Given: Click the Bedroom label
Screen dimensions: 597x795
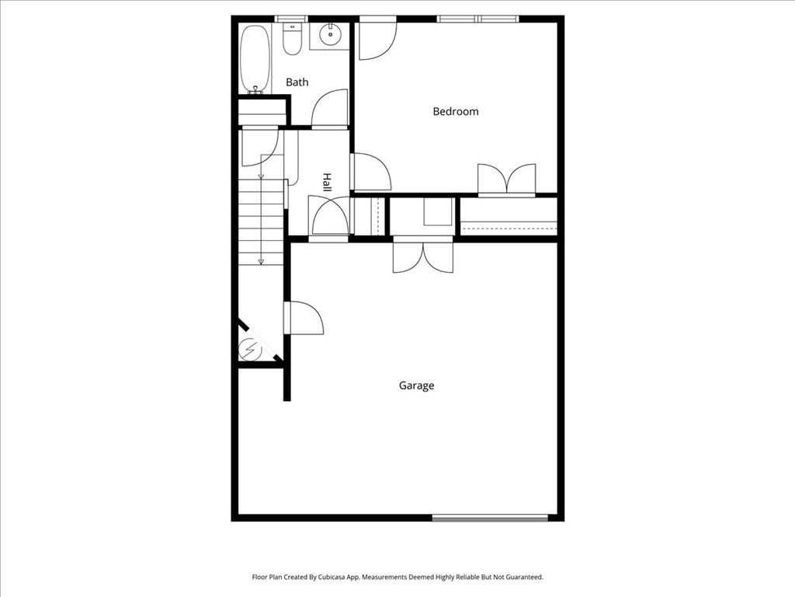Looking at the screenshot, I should tap(455, 111).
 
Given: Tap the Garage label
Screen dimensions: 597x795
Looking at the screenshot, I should tap(416, 386).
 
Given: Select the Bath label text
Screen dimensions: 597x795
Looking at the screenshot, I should tap(297, 82).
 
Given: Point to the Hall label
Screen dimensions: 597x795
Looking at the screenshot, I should tap(327, 183).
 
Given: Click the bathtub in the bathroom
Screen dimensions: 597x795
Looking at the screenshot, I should tap(255, 59).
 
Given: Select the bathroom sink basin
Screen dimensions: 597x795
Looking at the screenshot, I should tap(330, 33).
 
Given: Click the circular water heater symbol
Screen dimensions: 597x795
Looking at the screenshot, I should tap(250, 349).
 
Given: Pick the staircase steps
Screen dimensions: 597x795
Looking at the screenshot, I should tap(262, 222).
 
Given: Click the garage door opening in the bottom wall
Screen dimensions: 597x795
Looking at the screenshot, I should tap(490, 517).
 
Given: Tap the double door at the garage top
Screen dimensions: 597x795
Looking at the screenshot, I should tap(422, 256).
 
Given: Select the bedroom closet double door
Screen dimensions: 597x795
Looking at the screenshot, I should tap(506, 178).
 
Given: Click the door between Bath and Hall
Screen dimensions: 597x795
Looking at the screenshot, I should tap(329, 109).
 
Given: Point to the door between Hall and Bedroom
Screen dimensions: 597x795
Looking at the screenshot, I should tap(371, 172).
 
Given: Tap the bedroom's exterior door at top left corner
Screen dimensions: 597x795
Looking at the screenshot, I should tap(377, 39).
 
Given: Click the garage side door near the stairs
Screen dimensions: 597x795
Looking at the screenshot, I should tap(305, 318).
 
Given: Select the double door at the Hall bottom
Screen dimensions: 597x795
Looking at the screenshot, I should tap(329, 216).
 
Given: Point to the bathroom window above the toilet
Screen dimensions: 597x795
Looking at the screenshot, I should tap(292, 18).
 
